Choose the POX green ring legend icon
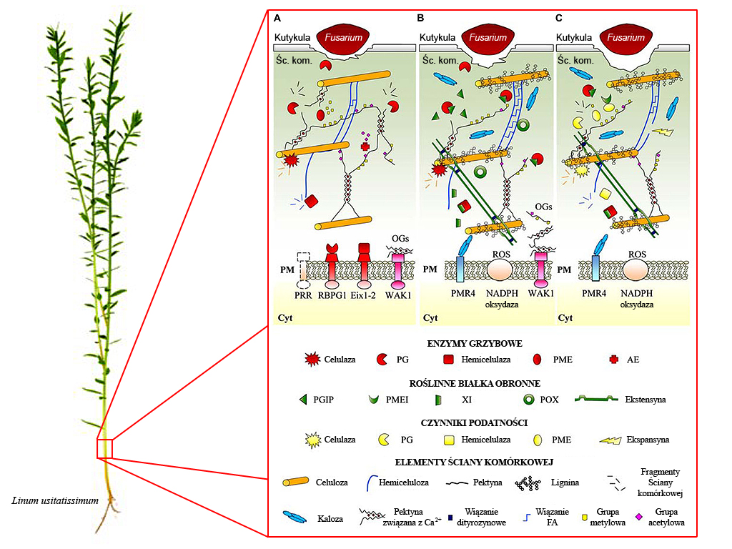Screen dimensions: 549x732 pos(530,400)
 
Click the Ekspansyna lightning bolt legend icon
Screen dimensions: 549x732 pos(610,440)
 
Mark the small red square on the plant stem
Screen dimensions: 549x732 pos(105,448)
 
